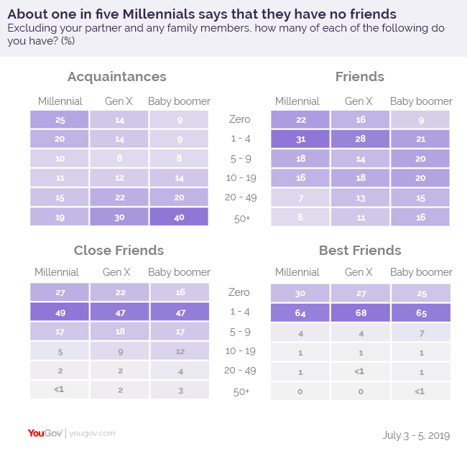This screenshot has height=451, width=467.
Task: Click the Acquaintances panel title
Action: click(116, 77)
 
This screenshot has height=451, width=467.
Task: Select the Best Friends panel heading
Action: click(360, 251)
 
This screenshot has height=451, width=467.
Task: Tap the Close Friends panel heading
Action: click(119, 251)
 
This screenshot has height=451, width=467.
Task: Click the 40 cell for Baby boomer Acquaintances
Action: click(179, 217)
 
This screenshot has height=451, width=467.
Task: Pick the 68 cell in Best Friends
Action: click(359, 312)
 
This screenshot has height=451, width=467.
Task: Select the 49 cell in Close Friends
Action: click(60, 312)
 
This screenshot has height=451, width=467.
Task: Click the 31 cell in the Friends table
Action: click(300, 139)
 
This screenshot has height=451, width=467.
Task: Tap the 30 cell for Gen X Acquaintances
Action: click(119, 217)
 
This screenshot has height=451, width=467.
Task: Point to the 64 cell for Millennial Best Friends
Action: click(300, 312)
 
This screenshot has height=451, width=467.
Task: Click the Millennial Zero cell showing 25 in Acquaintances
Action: click(60, 119)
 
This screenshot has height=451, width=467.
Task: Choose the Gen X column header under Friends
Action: click(359, 101)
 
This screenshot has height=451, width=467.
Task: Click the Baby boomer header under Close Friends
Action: click(179, 272)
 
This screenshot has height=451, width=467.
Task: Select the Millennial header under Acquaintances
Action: click(60, 101)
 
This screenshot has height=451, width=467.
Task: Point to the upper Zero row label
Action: click(239, 119)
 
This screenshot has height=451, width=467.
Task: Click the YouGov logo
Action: click(45, 433)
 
